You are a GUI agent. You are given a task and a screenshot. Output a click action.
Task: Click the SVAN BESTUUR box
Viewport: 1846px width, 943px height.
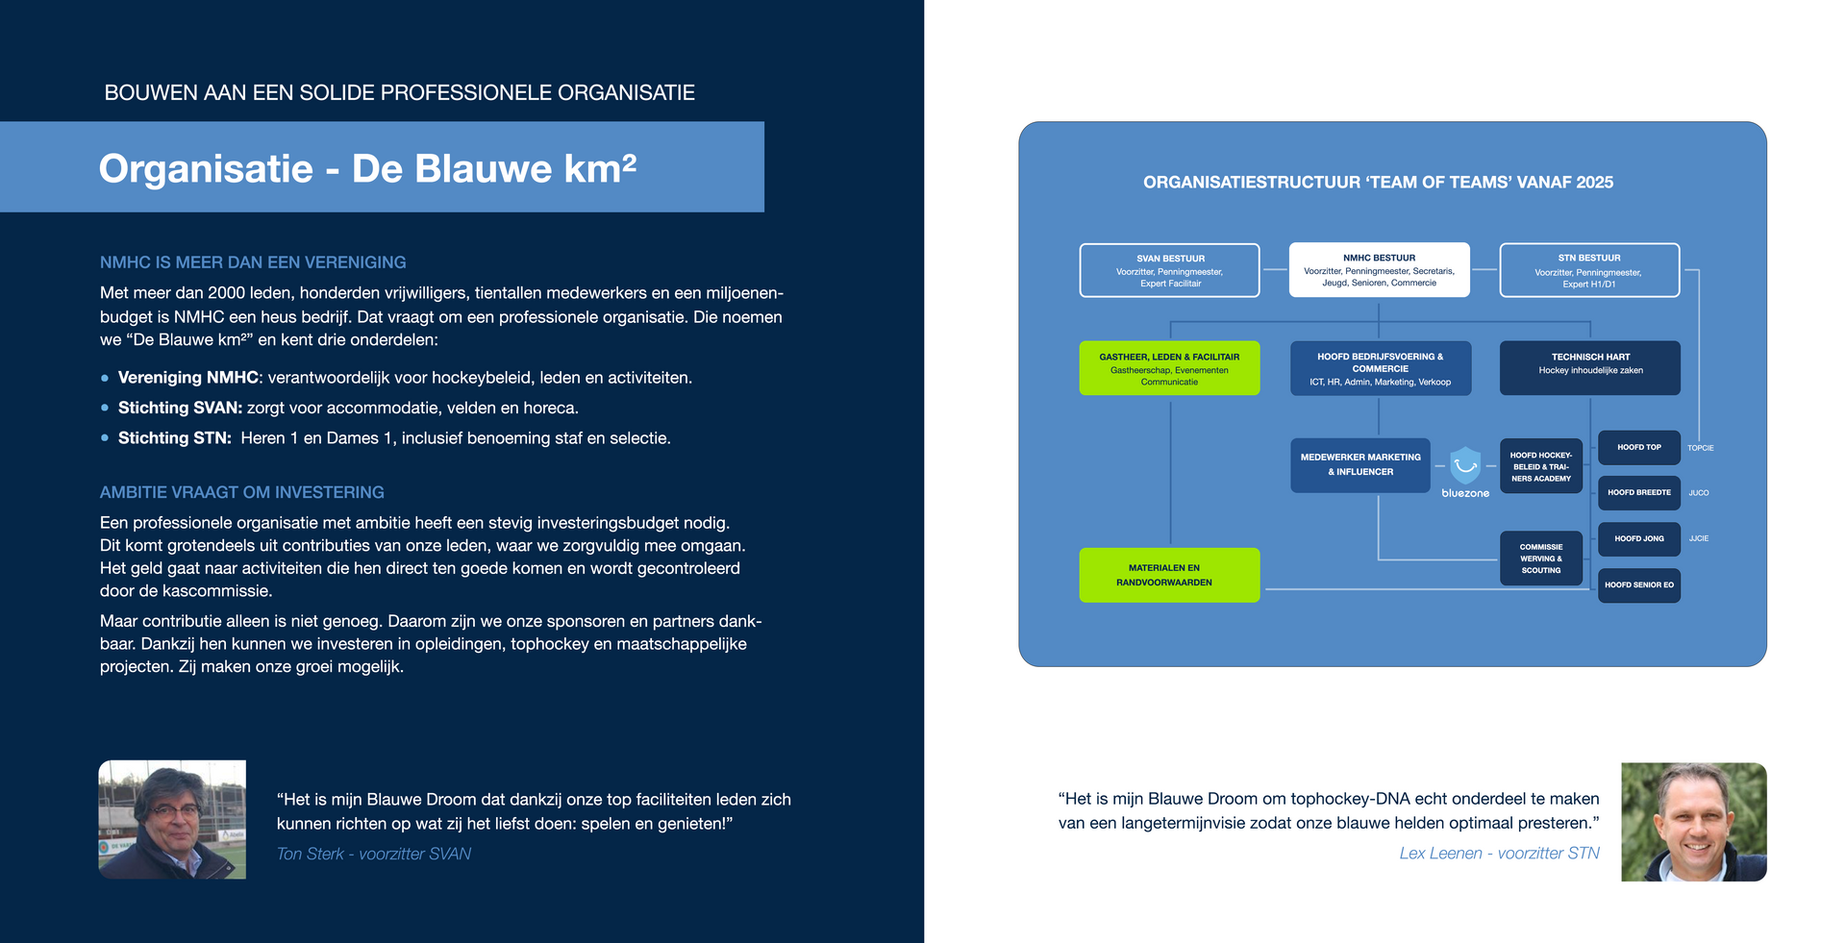(1169, 270)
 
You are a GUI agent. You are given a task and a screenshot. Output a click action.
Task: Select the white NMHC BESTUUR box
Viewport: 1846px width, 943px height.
(1379, 270)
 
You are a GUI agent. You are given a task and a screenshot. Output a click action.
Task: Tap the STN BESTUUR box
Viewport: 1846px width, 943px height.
(1589, 270)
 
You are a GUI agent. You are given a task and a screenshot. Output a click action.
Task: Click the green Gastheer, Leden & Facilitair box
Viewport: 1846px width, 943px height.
(1169, 368)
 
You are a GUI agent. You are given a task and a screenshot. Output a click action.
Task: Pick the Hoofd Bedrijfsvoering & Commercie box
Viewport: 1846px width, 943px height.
(1380, 368)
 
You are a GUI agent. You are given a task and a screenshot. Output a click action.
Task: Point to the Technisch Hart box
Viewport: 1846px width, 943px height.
(1590, 368)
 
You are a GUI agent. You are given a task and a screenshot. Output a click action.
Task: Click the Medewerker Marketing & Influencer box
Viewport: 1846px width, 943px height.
(1360, 465)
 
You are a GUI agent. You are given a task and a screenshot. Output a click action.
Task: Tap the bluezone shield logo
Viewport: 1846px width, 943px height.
(1465, 466)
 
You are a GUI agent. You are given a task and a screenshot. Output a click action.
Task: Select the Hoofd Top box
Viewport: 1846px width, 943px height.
(1639, 447)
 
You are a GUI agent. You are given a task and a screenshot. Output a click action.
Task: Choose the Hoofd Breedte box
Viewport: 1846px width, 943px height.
(1639, 493)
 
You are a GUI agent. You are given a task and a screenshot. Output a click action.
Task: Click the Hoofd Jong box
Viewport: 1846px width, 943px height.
(1639, 539)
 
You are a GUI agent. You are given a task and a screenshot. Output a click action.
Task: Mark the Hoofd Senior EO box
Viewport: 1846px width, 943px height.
(1639, 585)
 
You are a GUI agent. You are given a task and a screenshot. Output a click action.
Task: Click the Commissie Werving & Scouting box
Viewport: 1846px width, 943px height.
(1541, 558)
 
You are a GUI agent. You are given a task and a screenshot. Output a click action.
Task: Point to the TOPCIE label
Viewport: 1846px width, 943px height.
(1701, 448)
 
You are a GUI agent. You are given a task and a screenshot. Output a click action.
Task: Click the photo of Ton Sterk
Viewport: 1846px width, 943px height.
(172, 820)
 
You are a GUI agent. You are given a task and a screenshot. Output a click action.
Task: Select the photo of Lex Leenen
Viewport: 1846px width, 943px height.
(1694, 822)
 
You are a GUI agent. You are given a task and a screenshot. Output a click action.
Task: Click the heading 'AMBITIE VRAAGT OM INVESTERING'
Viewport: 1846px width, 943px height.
(242, 492)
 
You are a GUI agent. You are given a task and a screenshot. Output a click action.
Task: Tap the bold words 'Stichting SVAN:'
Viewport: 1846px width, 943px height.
(180, 408)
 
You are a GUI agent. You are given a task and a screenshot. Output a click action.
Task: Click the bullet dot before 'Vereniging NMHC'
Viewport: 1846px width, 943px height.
(105, 379)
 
